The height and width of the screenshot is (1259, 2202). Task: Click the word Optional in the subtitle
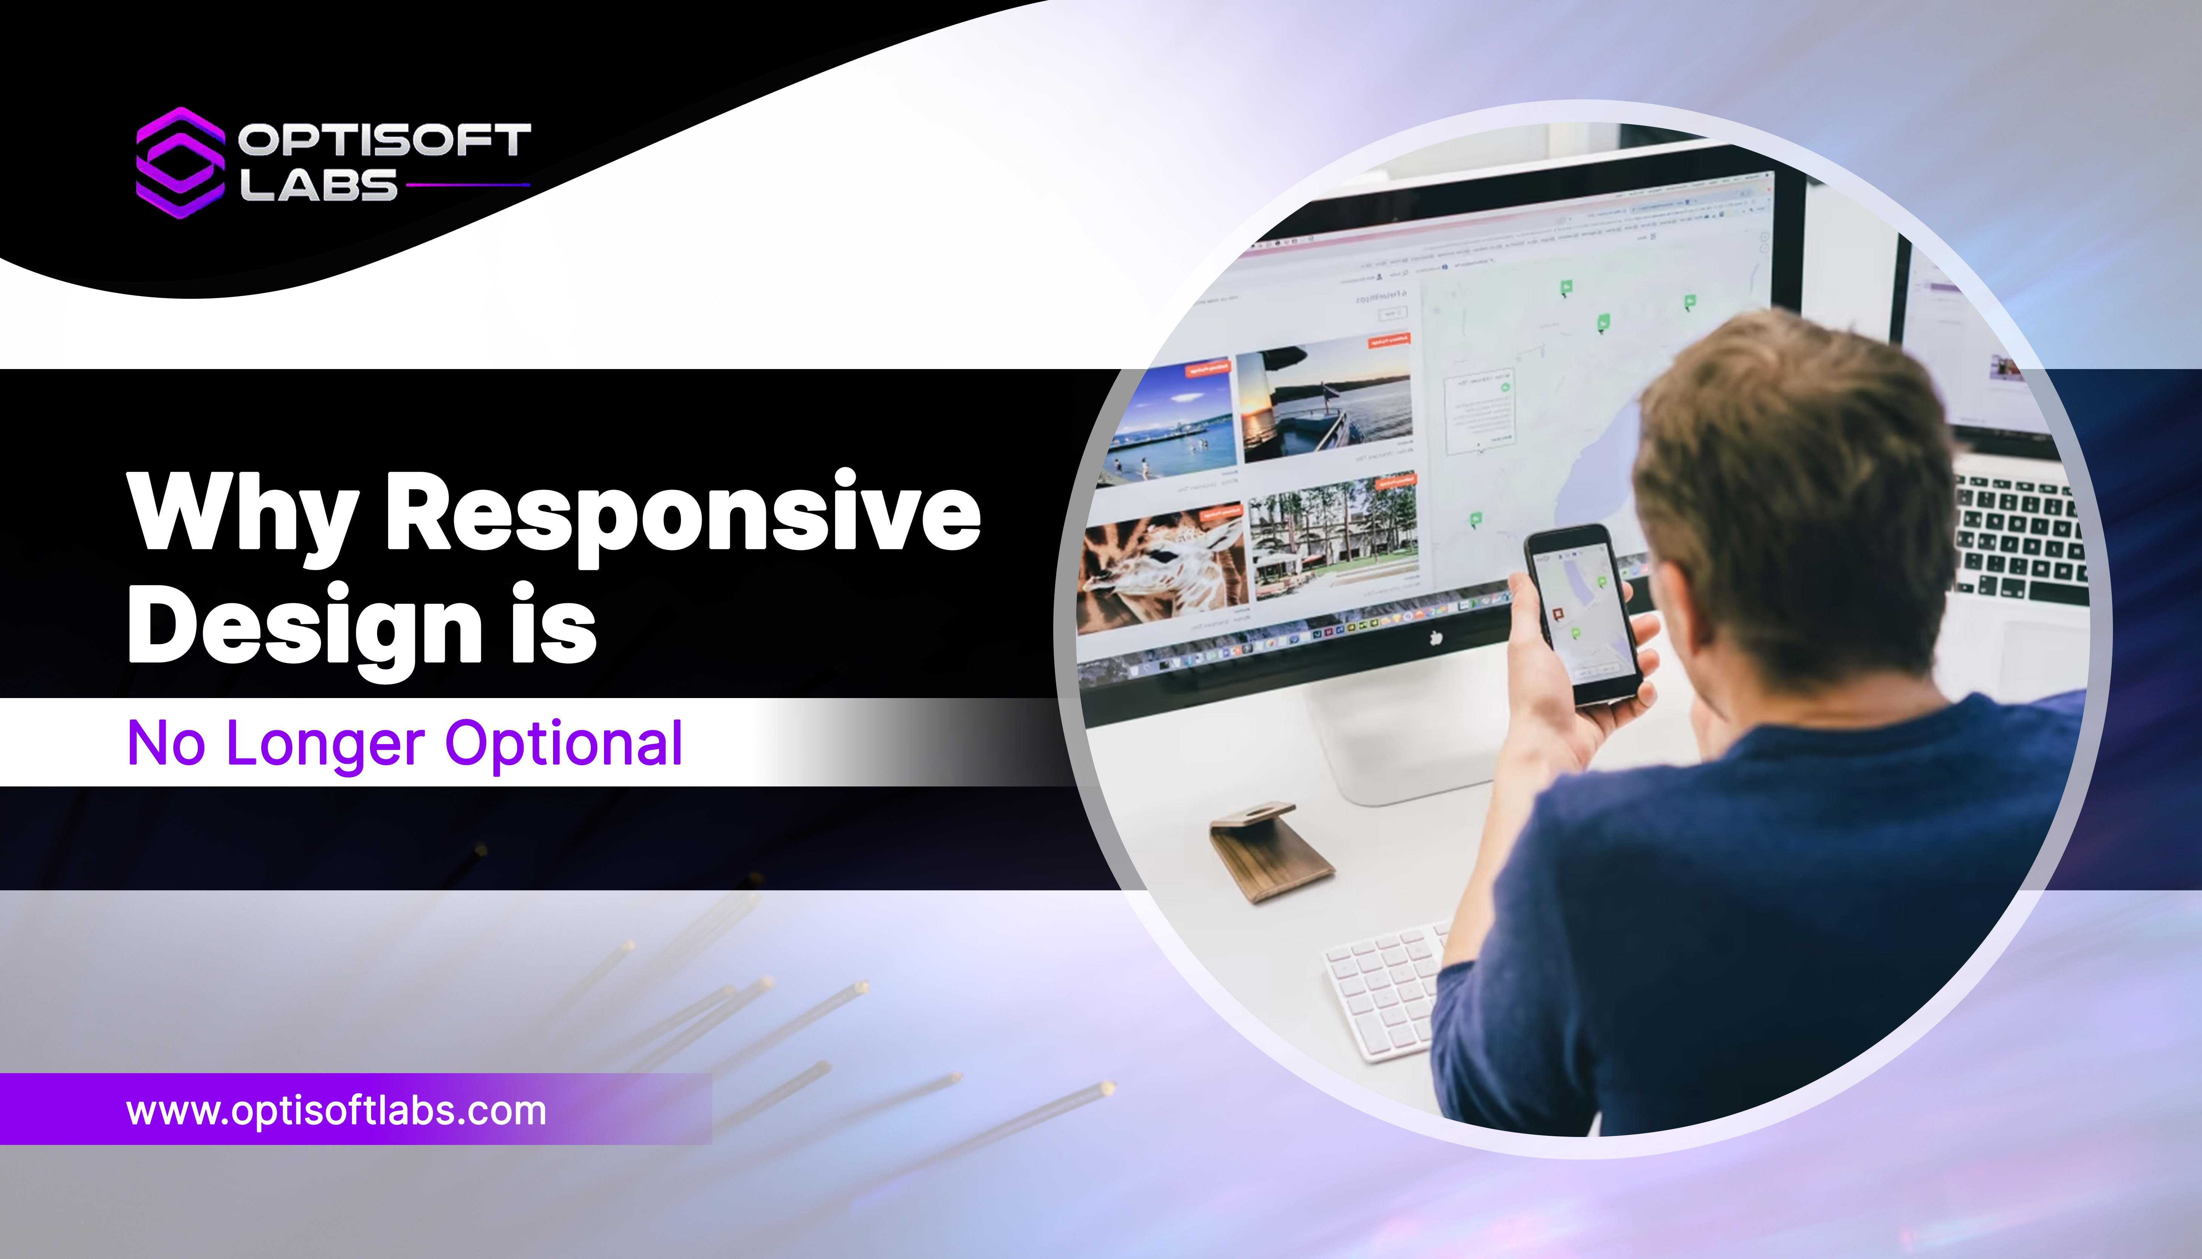[564, 745]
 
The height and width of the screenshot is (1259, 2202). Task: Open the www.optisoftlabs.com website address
[336, 1111]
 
